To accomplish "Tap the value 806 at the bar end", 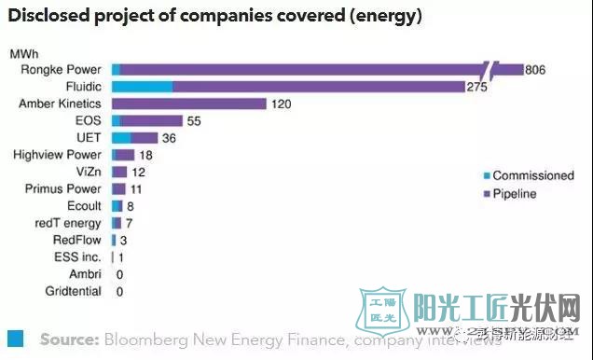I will (535, 70).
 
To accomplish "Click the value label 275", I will (478, 87).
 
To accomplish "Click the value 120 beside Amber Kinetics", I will (281, 104).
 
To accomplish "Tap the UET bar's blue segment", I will (121, 138).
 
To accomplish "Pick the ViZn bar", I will (119, 172).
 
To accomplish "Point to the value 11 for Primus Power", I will (134, 189).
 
